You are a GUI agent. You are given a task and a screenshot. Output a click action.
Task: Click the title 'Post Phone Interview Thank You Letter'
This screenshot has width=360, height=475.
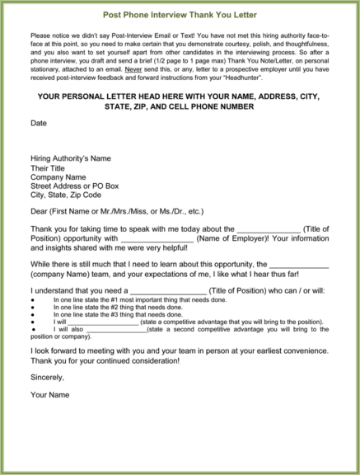click(x=180, y=15)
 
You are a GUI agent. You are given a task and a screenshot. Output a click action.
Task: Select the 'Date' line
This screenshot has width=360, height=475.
click(x=38, y=123)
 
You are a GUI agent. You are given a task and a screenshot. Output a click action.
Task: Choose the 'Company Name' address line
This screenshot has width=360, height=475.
click(x=58, y=176)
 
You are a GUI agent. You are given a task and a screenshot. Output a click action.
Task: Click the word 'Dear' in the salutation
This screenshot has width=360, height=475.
click(x=39, y=211)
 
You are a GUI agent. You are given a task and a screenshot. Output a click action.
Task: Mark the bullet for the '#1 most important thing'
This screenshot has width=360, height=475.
click(x=31, y=301)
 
